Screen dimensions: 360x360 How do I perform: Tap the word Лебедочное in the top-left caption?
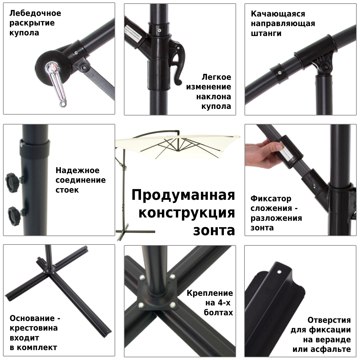(35, 13)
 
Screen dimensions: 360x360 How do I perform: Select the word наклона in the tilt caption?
(214, 97)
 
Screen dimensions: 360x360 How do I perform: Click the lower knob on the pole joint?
(14, 214)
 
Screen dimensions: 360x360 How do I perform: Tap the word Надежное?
(77, 170)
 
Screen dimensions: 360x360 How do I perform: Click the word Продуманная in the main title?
(183, 195)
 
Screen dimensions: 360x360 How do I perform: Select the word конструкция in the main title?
(187, 213)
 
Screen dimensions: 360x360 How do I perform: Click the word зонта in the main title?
(214, 230)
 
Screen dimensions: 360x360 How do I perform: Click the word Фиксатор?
(271, 199)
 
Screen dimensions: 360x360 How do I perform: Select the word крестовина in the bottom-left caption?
(34, 328)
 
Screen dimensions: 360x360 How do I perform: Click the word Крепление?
(210, 293)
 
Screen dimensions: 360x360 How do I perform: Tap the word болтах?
(218, 313)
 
